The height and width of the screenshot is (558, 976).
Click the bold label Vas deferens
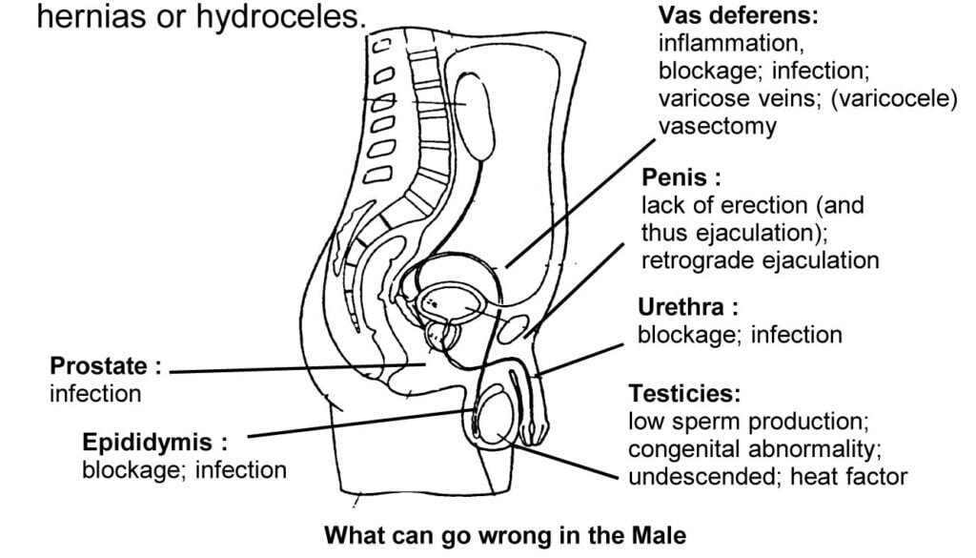pyautogui.click(x=738, y=16)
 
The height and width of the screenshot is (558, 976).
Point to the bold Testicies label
pyautogui.click(x=683, y=393)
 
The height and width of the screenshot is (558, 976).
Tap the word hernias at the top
pyautogui.click(x=87, y=17)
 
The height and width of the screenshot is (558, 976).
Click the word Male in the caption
pyautogui.click(x=657, y=535)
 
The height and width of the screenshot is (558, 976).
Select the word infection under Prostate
pyautogui.click(x=95, y=393)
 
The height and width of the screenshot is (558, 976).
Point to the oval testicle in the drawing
pyautogui.click(x=501, y=419)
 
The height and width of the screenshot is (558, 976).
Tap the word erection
pyautogui.click(x=753, y=205)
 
